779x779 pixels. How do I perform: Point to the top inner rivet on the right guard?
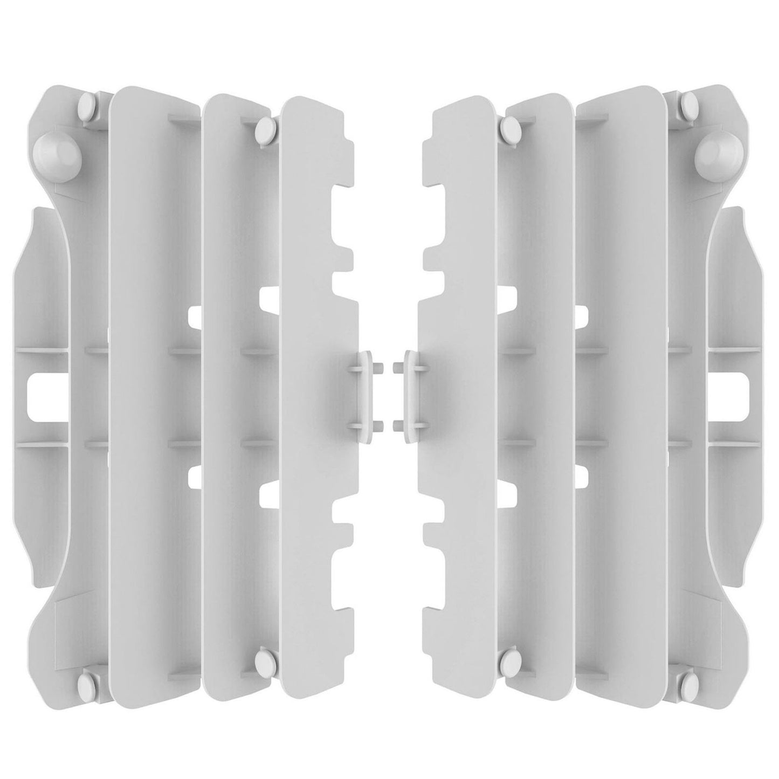pyautogui.click(x=509, y=127)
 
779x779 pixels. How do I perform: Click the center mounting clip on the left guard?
pyautogui.click(x=364, y=394)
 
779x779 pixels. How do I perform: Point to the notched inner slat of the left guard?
pyautogui.click(x=315, y=377)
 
